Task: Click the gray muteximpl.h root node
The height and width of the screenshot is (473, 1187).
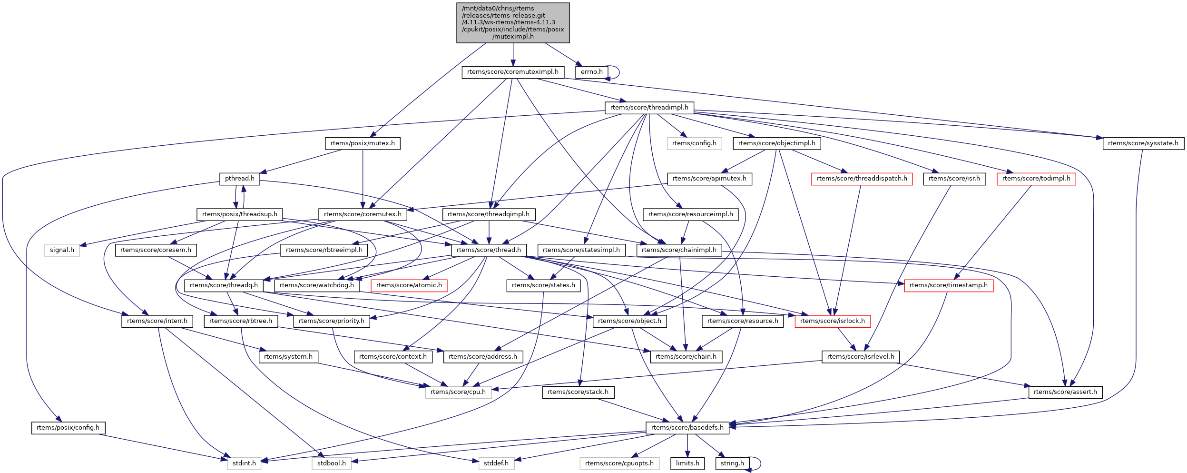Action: tap(513, 22)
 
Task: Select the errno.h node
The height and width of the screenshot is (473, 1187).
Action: tap(591, 72)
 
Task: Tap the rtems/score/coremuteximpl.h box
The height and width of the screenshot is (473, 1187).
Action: tap(513, 72)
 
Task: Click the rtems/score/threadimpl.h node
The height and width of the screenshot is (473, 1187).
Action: tap(649, 108)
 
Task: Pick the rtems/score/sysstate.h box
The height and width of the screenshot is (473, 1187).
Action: tap(1143, 143)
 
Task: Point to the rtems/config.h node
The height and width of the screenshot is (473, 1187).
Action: tap(694, 143)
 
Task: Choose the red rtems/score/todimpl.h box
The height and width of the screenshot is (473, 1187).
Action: tap(1036, 179)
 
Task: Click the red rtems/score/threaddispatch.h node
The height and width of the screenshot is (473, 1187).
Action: tap(862, 179)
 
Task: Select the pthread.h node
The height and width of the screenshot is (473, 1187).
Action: tap(239, 179)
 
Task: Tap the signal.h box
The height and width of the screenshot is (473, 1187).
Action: tap(62, 250)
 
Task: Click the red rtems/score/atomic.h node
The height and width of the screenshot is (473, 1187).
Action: tap(409, 285)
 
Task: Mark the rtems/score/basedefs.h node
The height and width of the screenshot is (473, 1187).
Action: tap(687, 428)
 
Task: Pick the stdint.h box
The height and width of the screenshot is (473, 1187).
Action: tap(244, 463)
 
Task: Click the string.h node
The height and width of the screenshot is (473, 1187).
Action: tap(732, 463)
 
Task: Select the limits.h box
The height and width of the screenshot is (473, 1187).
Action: tap(687, 463)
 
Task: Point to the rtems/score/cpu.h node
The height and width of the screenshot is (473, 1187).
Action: tap(458, 392)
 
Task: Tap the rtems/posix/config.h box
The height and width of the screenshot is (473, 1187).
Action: tap(68, 428)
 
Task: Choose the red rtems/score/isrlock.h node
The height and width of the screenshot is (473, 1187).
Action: tap(832, 321)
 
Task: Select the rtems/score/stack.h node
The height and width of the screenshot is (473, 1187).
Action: tap(578, 392)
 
